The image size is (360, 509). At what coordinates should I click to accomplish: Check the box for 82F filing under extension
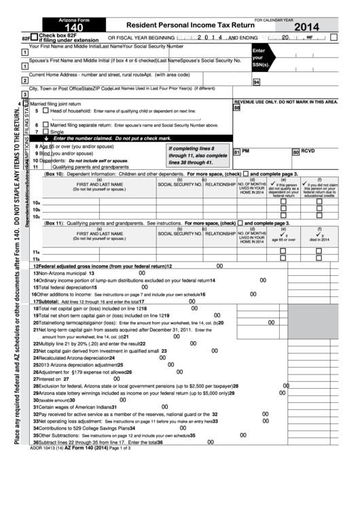click(34, 38)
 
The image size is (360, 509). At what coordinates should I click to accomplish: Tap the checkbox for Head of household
click(46, 110)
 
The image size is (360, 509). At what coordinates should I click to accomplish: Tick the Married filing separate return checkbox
click(46, 125)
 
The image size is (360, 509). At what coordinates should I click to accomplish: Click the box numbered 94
click(256, 82)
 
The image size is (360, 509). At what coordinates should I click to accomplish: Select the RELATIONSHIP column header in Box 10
click(220, 184)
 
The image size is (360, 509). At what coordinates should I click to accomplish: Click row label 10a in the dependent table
click(36, 203)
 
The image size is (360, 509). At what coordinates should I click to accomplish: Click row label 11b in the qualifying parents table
click(36, 240)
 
